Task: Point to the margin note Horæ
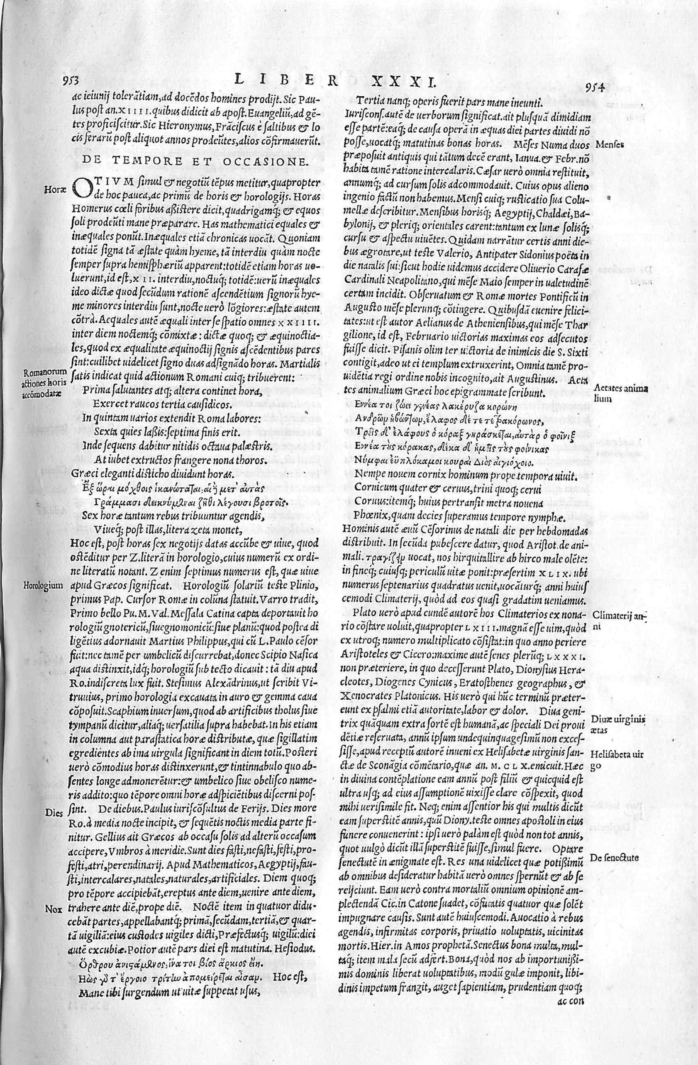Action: pyautogui.click(x=55, y=189)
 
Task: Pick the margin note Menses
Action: pyautogui.click(x=611, y=146)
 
